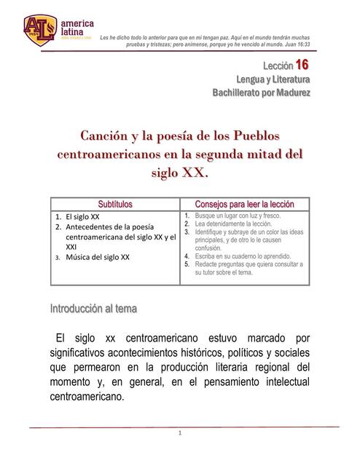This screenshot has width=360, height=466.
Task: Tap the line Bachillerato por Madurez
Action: [x=260, y=93]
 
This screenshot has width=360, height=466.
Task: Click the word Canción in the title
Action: [x=109, y=135]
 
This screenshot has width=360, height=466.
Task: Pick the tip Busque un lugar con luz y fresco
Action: [x=243, y=216]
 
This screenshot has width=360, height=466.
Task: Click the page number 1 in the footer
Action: [x=179, y=434]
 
